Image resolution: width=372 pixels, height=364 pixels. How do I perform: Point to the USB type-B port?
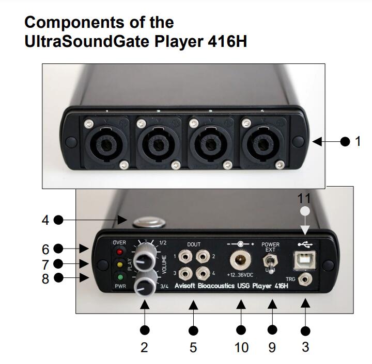[x=303, y=260]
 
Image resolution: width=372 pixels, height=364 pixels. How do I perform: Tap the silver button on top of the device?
[x=148, y=222]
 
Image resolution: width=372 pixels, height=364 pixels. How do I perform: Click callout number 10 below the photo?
[x=241, y=347]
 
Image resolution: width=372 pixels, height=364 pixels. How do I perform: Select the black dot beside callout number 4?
[x=58, y=220]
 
